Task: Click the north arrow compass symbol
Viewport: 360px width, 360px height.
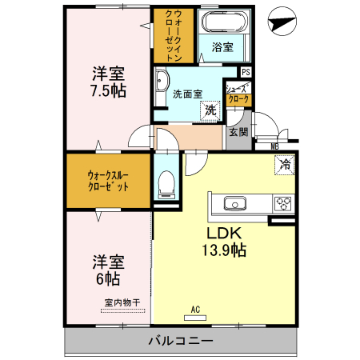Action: pos(281,22)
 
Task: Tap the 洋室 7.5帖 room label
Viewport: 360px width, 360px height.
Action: pos(107,81)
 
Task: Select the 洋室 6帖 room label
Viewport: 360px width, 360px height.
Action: pos(107,270)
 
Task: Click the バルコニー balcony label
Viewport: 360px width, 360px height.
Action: pos(180,341)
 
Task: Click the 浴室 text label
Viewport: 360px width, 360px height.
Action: pos(222,47)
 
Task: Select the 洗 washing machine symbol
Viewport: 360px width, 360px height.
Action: pos(210,110)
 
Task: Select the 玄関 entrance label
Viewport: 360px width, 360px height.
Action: pos(238,132)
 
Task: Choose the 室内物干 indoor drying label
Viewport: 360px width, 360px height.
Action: pos(122,302)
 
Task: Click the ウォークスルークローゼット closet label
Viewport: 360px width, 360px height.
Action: pos(108,180)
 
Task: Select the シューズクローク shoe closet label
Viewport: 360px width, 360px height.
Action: pos(238,94)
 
